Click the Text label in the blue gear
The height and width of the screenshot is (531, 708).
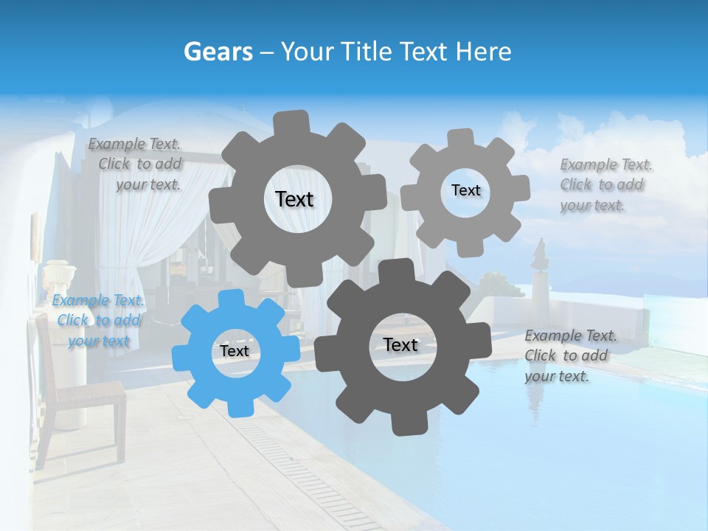(235, 352)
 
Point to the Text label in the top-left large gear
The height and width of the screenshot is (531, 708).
(294, 199)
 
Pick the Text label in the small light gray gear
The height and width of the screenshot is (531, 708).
(465, 190)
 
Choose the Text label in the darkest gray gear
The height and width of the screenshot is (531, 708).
(400, 345)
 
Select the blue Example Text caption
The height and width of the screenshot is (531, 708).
(99, 321)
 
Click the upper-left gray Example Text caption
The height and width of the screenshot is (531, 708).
(136, 164)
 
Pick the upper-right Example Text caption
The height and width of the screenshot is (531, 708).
(605, 185)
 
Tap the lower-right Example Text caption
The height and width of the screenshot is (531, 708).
(569, 355)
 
